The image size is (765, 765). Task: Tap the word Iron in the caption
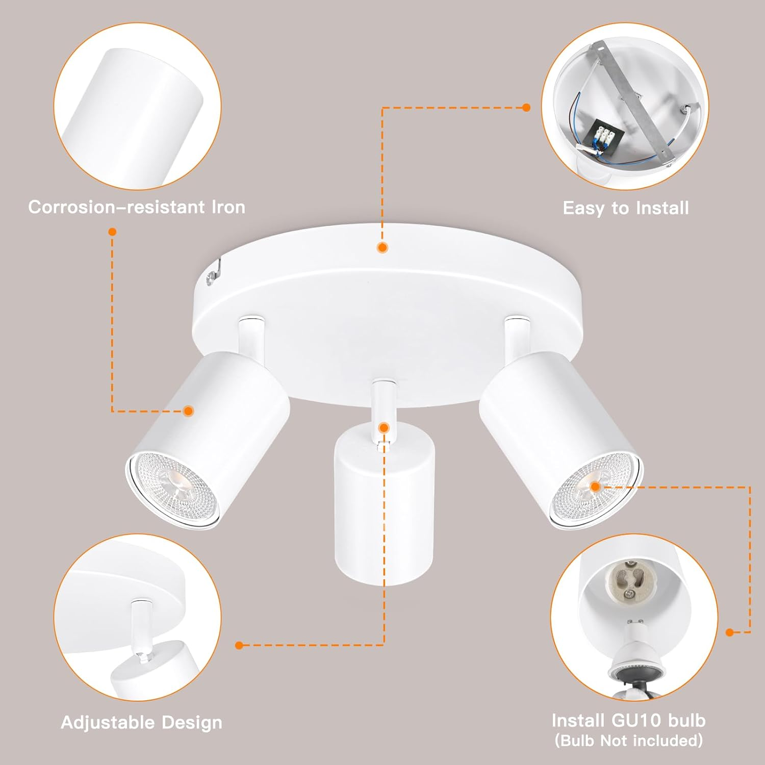228,207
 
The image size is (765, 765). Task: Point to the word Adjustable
108,723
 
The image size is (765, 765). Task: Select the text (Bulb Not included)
628,741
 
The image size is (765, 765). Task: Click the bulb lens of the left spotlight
173,487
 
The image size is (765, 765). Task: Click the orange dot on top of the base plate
382,248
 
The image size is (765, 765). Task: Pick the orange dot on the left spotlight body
189,411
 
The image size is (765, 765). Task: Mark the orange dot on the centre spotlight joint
384,427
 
